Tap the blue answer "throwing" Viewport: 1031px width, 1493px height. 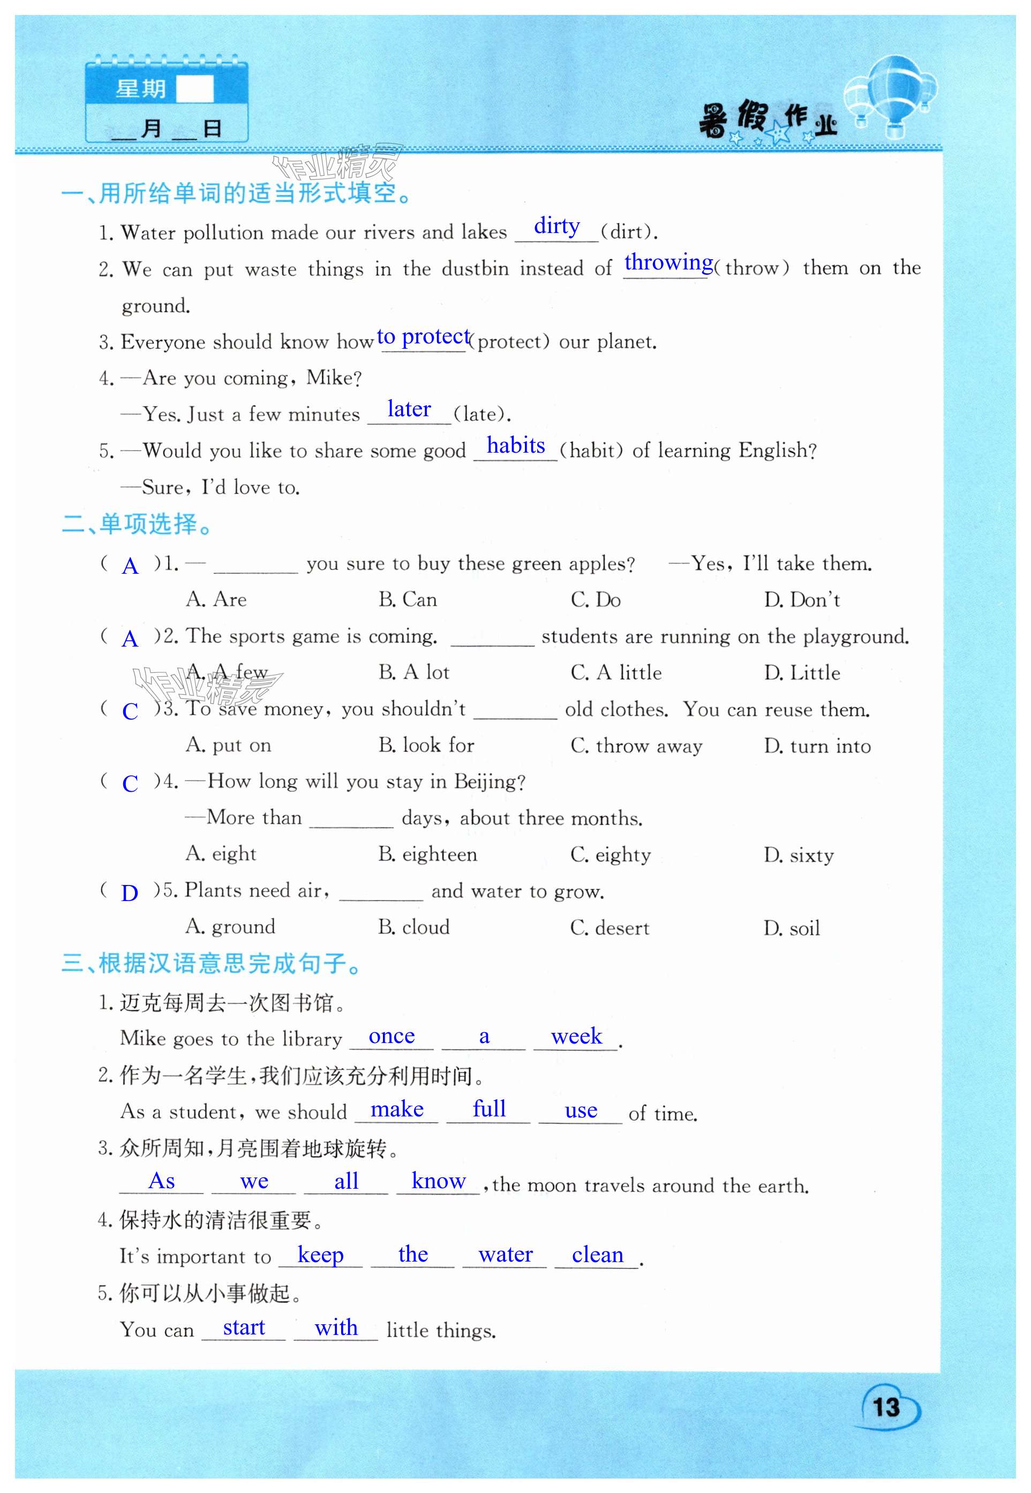(x=668, y=262)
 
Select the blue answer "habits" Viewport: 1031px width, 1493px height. (x=515, y=445)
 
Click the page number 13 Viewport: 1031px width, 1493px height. (x=886, y=1407)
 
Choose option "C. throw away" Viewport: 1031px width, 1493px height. (x=636, y=746)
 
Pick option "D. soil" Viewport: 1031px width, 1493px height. (x=792, y=928)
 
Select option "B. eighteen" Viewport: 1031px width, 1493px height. (x=427, y=855)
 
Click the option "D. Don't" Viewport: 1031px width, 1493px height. (x=802, y=600)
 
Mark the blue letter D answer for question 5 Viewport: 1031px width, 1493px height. (x=130, y=894)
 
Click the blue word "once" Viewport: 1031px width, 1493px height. (x=392, y=1036)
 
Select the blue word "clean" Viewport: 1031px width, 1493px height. (x=598, y=1255)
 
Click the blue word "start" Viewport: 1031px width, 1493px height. (x=244, y=1327)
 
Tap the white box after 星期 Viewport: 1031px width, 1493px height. (x=194, y=89)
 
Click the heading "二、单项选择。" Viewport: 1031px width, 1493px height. (x=138, y=524)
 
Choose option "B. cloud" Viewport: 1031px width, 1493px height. (x=413, y=928)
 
